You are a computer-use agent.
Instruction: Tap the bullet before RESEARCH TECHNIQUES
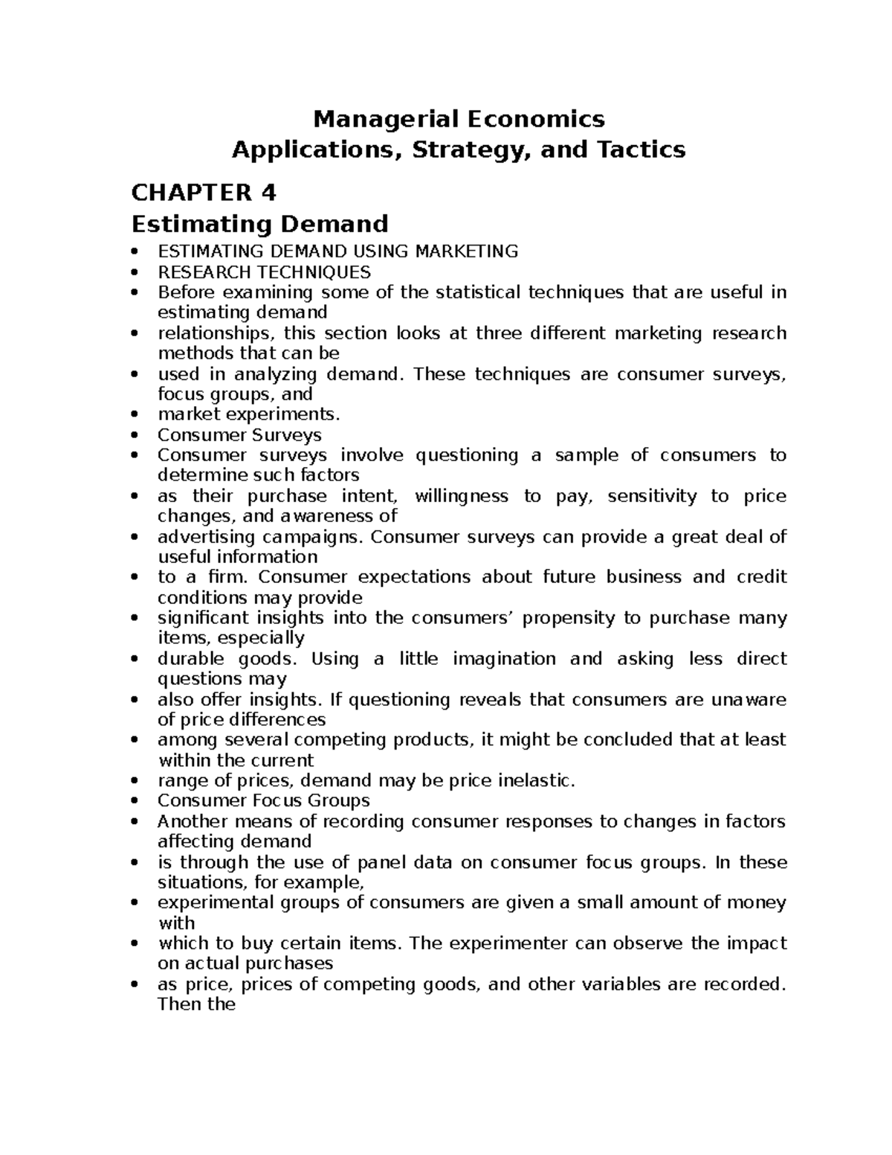tap(134, 272)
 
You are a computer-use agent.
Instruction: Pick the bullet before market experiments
tap(134, 415)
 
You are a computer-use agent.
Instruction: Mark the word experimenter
tap(522, 944)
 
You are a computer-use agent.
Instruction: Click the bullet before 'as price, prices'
tap(134, 985)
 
